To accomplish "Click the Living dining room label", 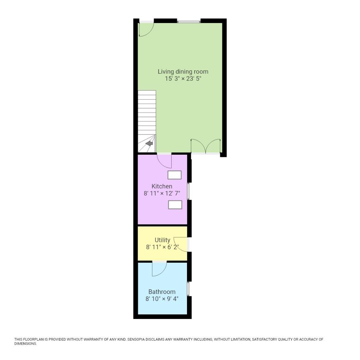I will pyautogui.click(x=183, y=71).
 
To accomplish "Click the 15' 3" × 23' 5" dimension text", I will pyautogui.click(x=183, y=79).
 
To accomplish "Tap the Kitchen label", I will pyautogui.click(x=162, y=186).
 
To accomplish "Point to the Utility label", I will pyautogui.click(x=162, y=240).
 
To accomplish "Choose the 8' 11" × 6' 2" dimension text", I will pyautogui.click(x=162, y=247).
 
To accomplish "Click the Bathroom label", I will pyautogui.click(x=162, y=292).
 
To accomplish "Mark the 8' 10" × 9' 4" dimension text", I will pyautogui.click(x=162, y=299).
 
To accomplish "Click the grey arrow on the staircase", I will pyautogui.click(x=149, y=143).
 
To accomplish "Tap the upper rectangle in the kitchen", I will pyautogui.click(x=175, y=175).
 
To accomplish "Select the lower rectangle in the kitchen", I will pyautogui.click(x=175, y=205).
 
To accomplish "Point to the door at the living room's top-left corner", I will pyautogui.click(x=146, y=29).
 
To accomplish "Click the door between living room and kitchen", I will pyautogui.click(x=165, y=161).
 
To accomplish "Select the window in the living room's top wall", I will pyautogui.click(x=189, y=22).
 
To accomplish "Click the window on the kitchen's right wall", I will pyautogui.click(x=189, y=191).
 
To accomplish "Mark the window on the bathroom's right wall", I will pyautogui.click(x=188, y=289).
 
